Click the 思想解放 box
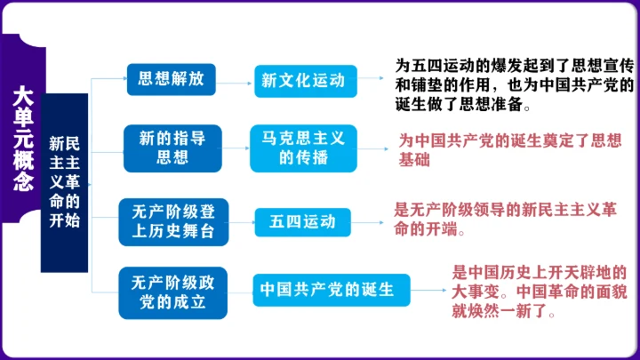point(172,78)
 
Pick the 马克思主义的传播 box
point(303,148)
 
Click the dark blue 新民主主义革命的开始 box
point(64,182)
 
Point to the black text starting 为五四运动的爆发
point(514,84)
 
